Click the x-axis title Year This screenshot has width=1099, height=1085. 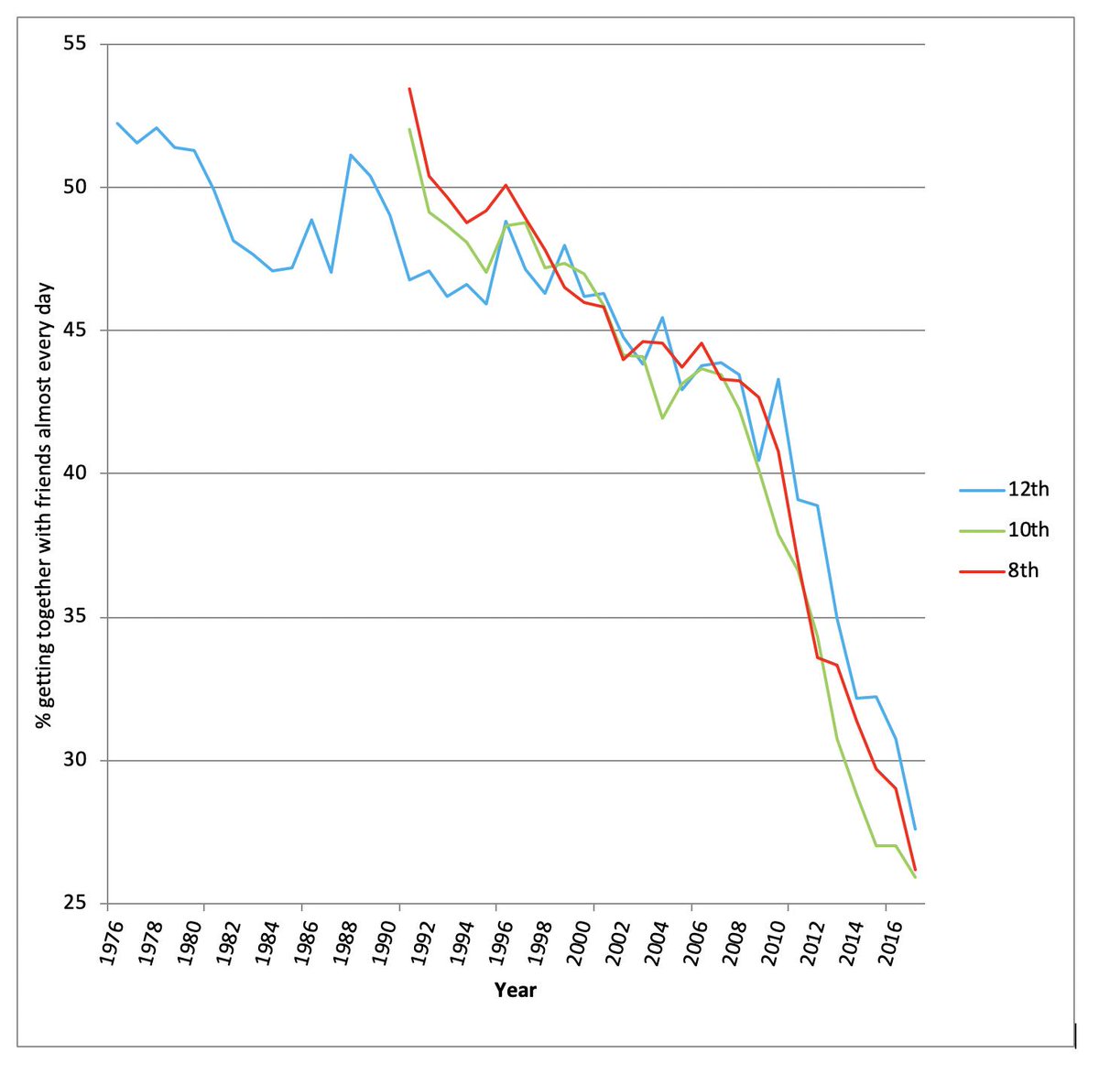[x=516, y=990]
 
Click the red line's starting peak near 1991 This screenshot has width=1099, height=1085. [x=409, y=89]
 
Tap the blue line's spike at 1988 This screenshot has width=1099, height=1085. [x=351, y=155]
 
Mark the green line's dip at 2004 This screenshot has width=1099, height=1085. [x=662, y=418]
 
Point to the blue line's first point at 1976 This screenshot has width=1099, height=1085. [x=117, y=123]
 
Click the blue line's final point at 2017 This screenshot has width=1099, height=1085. [x=915, y=829]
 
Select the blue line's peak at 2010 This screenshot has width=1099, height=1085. [x=778, y=379]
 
